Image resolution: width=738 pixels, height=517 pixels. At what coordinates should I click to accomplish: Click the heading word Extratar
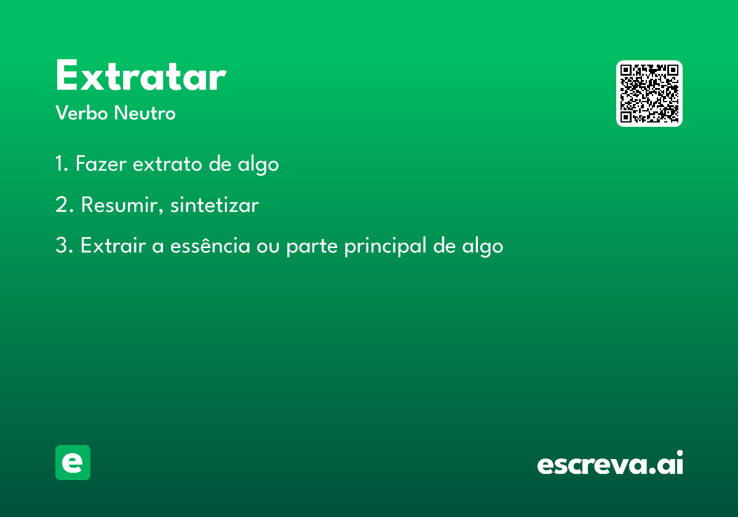[x=141, y=75]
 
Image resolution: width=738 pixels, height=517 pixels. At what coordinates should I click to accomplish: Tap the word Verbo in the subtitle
[x=82, y=113]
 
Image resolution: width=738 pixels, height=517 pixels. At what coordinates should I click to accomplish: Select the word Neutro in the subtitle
[x=145, y=113]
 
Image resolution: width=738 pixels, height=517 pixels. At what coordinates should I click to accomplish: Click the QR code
[x=649, y=94]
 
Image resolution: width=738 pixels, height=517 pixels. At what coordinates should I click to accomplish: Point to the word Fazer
[x=101, y=163]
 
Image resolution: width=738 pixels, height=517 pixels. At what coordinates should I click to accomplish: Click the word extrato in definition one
[x=167, y=164]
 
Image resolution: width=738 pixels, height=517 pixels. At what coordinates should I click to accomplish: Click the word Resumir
[x=122, y=205]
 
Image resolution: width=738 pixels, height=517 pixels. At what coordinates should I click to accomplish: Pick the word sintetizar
[x=215, y=205]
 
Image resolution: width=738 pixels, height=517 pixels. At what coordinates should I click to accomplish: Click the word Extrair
[x=113, y=246]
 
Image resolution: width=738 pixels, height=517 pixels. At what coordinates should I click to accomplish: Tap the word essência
[x=210, y=246]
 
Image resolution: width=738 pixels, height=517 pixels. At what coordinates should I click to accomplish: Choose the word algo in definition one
[x=258, y=165]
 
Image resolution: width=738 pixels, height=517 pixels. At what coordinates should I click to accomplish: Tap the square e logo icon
[x=73, y=462]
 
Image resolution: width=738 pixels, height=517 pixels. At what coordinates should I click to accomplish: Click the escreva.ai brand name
[x=610, y=462]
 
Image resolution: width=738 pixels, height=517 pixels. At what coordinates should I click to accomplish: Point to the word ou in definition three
[x=268, y=247]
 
